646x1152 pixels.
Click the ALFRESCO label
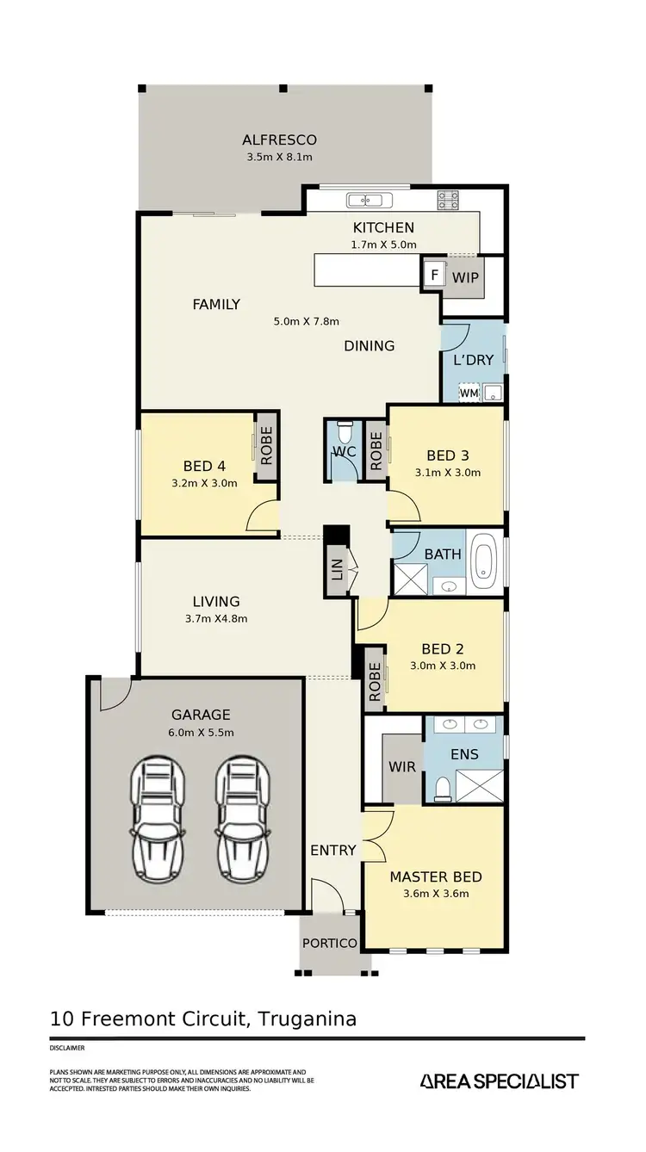(279, 139)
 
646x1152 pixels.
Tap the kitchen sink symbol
(369, 201)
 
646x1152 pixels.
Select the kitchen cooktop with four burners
(448, 201)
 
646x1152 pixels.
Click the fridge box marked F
(434, 276)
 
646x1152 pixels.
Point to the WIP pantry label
(465, 278)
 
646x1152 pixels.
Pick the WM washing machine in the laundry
(469, 393)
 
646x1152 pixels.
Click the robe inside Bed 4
(265, 446)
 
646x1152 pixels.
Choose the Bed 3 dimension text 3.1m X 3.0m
(453, 472)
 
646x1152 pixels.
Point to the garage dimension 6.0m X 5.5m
(200, 732)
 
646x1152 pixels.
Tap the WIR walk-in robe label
(401, 765)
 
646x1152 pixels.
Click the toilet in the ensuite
(442, 787)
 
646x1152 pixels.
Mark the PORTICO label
(329, 943)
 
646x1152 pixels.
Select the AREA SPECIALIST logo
(499, 1081)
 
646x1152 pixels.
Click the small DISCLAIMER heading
(67, 1049)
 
